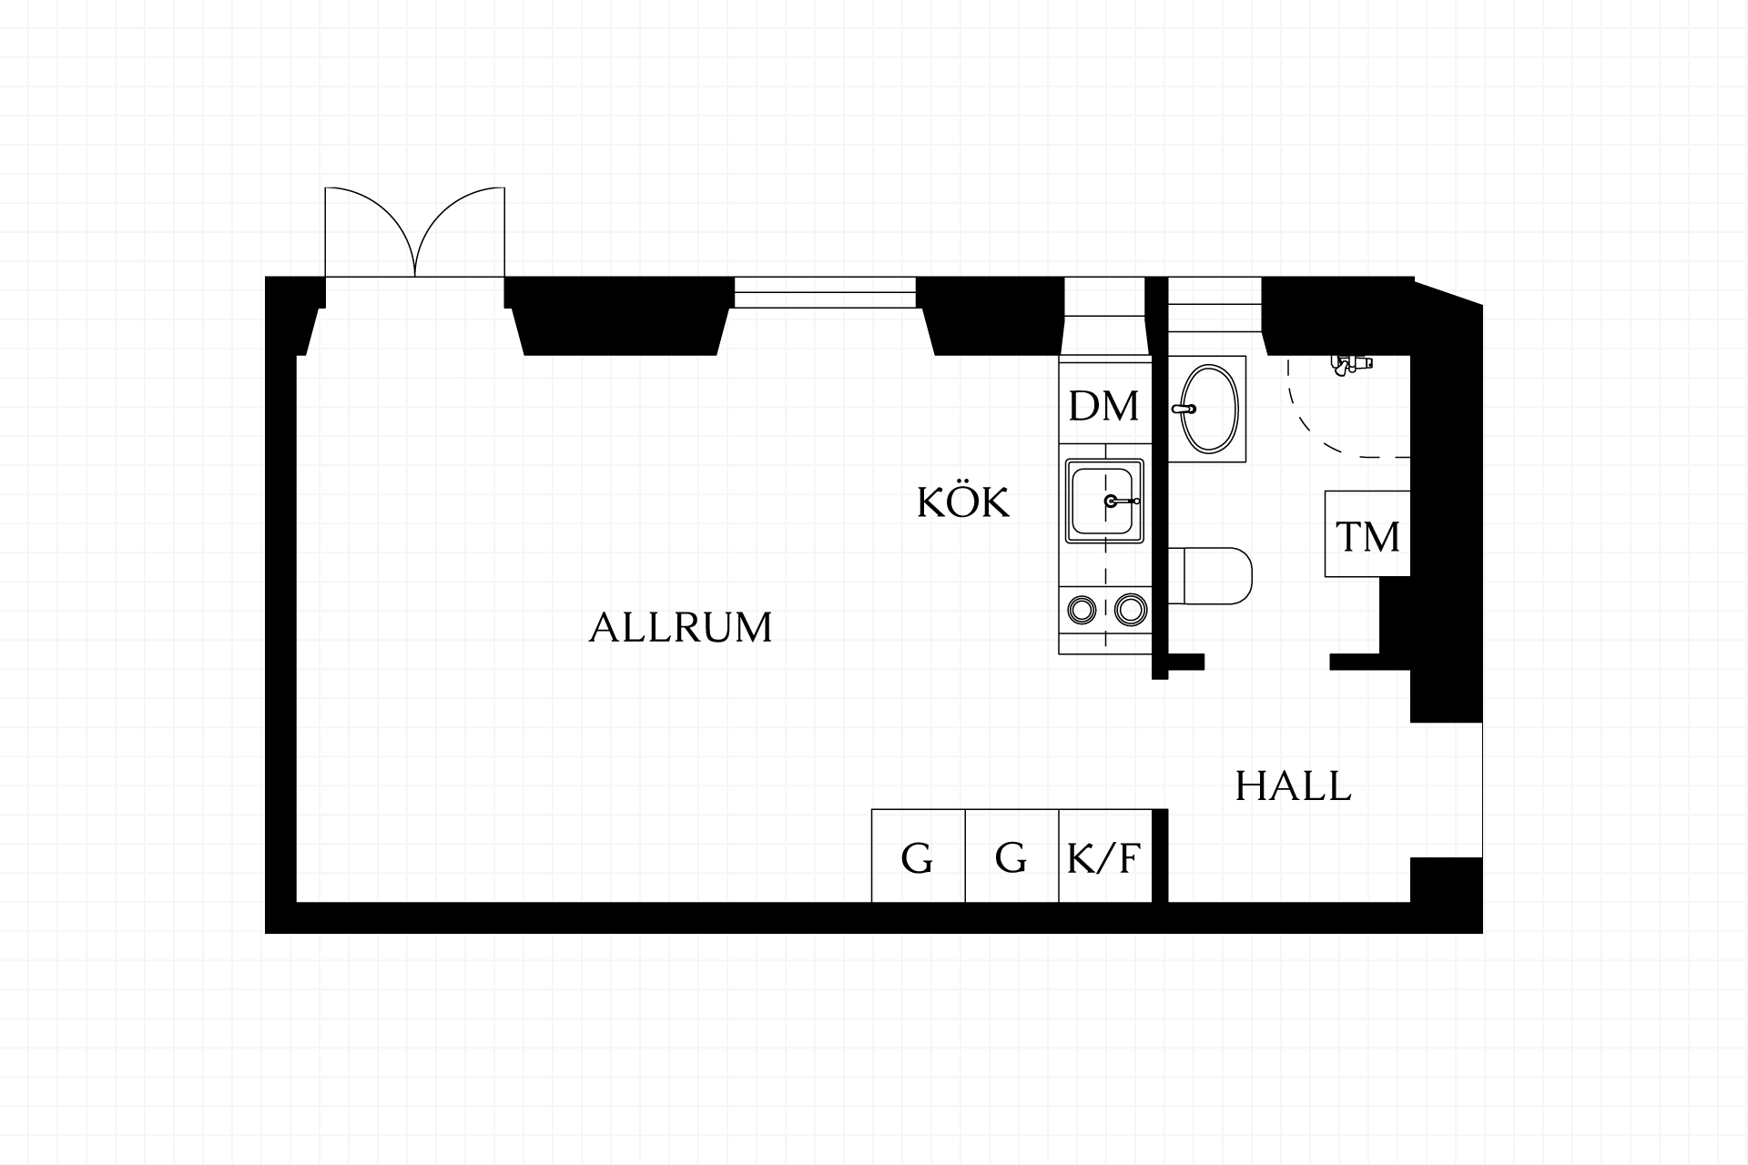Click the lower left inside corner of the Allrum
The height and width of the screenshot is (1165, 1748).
click(297, 902)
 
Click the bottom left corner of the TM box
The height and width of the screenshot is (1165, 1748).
click(1326, 576)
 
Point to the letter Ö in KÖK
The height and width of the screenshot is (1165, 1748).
click(963, 501)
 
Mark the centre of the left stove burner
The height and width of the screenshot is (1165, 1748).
click(1082, 610)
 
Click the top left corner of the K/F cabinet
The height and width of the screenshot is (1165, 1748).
click(1060, 810)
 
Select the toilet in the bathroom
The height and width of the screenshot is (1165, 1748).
click(1210, 576)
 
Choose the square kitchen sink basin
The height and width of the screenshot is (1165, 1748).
click(1104, 501)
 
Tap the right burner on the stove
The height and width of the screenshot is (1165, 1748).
click(1130, 610)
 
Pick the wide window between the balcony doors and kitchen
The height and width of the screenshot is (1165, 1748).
click(825, 292)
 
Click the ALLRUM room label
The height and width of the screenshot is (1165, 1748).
click(680, 628)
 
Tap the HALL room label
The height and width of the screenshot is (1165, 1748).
click(1293, 786)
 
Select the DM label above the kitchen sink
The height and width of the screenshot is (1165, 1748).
click(1103, 407)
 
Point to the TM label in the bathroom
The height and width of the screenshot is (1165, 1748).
click(1367, 537)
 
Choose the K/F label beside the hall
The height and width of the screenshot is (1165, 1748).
click(1103, 858)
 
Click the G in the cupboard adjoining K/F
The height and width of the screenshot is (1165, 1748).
click(1011, 857)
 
